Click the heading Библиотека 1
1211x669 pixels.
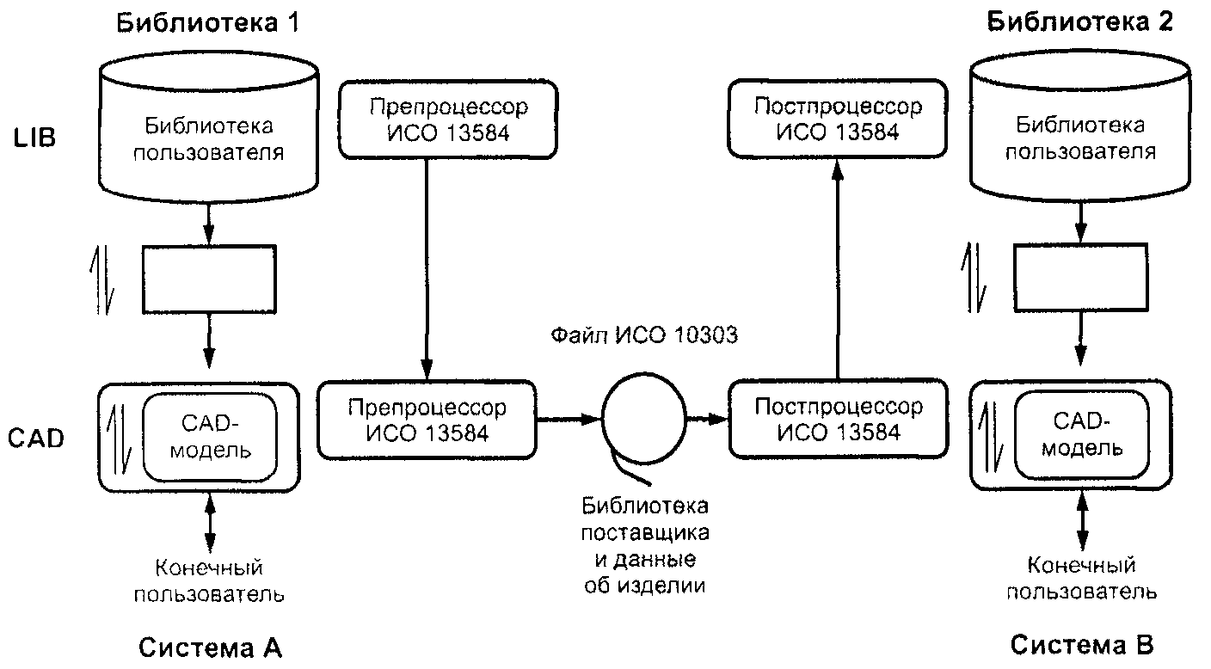(207, 23)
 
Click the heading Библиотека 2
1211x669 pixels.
(1080, 22)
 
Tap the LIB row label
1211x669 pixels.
(34, 138)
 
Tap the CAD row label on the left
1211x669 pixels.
(36, 439)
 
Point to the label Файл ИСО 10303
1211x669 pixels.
(644, 335)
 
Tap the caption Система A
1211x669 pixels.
(211, 648)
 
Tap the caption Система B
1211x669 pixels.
(1082, 645)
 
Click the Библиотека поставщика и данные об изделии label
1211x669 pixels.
(645, 546)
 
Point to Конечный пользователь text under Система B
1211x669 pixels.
(1081, 579)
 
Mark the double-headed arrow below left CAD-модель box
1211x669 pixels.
(211, 523)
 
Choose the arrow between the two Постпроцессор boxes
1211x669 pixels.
(838, 268)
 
